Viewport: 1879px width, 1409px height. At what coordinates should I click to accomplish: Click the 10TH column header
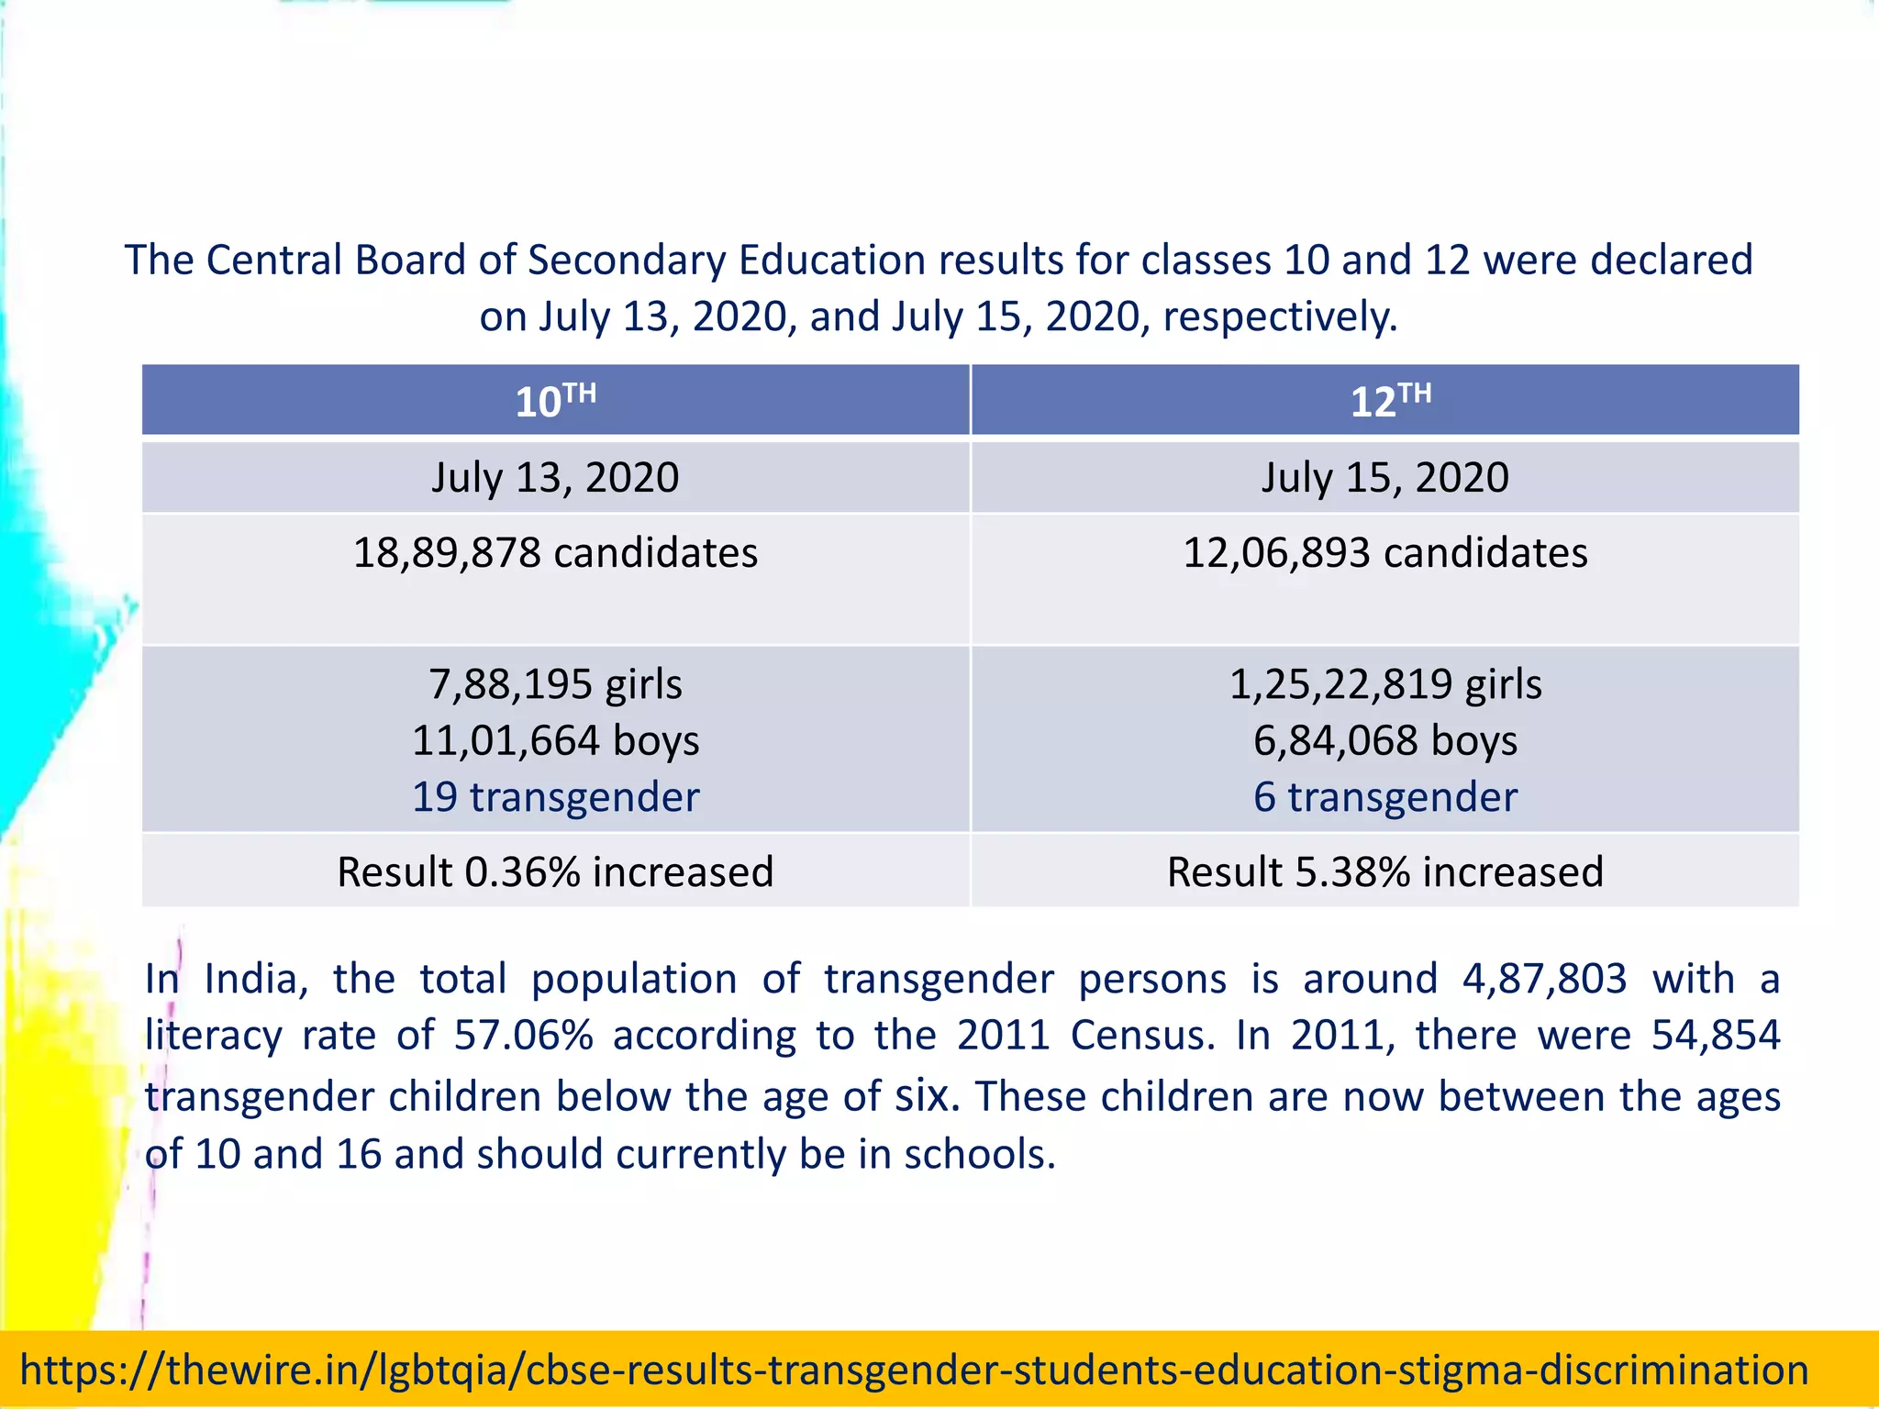point(555,401)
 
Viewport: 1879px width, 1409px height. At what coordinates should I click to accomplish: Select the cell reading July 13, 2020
point(555,478)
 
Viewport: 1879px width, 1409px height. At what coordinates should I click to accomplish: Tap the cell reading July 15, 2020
point(1384,478)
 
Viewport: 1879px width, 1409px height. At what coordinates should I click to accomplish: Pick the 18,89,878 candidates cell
point(555,553)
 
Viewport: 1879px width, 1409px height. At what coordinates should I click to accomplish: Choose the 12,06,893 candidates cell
point(1384,553)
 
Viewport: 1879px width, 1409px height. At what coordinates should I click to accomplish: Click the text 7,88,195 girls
point(555,684)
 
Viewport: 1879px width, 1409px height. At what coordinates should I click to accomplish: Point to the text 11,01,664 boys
point(555,740)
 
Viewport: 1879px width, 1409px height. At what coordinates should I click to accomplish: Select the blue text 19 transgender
point(555,796)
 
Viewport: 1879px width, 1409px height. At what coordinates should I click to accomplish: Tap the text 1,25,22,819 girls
point(1384,684)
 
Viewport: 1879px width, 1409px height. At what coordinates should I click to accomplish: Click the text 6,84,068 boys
point(1384,740)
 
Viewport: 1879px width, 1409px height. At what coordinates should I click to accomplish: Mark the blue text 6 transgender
point(1384,796)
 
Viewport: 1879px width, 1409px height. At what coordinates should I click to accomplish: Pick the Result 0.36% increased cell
point(555,871)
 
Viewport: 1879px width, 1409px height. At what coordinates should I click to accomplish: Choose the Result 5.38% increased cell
point(1384,871)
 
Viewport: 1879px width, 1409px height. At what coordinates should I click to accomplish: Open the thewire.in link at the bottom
point(914,1370)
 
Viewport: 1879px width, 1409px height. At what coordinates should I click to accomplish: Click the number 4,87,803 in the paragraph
point(1544,979)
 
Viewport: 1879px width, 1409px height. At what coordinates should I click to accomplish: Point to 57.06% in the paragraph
point(523,1036)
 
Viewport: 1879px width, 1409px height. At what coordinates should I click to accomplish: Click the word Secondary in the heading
point(626,261)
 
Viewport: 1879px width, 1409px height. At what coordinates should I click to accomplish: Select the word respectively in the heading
point(1279,316)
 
